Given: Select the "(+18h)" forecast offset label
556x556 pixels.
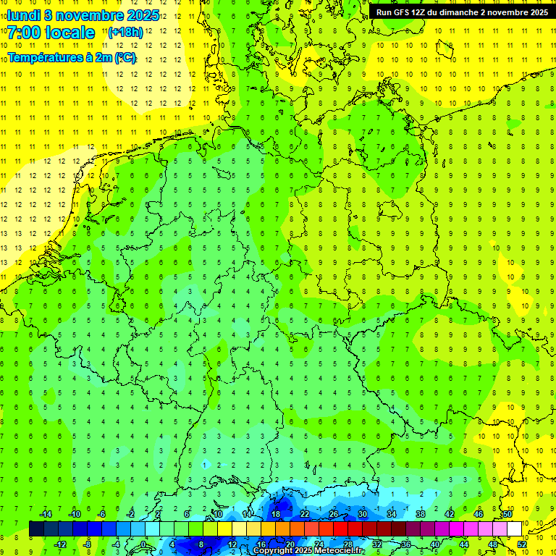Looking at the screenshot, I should [125, 33].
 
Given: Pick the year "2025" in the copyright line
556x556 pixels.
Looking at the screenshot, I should [303, 551].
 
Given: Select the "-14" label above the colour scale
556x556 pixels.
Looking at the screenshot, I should [46, 514].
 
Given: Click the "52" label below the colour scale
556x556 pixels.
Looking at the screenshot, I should [522, 544].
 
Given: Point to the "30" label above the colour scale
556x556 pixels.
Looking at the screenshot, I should [362, 514].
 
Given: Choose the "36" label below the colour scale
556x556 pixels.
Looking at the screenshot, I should [405, 544].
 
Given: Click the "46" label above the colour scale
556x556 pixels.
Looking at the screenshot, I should [478, 514].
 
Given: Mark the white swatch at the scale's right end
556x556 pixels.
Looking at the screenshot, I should [514, 528].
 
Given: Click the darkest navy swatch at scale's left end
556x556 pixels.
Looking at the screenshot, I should [36, 528].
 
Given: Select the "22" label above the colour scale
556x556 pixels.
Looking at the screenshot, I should [305, 514].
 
